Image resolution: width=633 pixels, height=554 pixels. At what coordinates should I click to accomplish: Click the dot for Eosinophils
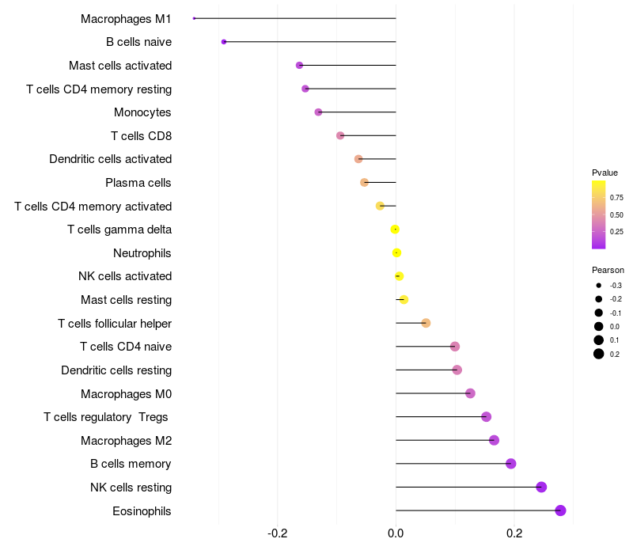point(560,510)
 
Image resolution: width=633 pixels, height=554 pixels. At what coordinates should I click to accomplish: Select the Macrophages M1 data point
point(194,18)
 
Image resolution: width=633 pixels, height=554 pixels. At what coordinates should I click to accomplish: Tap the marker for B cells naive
point(224,42)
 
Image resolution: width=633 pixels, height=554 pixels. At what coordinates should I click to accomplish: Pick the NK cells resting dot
point(541,487)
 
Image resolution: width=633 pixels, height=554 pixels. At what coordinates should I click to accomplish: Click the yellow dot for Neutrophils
point(397,252)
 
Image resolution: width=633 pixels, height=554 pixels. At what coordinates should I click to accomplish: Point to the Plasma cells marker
point(364,183)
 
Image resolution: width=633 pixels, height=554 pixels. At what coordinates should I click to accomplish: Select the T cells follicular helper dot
point(426,323)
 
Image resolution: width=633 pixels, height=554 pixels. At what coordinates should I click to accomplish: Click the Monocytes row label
point(142,112)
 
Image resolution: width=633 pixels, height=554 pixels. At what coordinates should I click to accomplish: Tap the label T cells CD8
point(142,135)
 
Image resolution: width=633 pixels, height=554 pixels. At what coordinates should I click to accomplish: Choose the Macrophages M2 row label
point(127,441)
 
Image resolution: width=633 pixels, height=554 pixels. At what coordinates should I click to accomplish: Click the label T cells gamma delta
point(119,230)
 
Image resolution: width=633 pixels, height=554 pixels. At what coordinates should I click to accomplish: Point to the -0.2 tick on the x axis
point(278,533)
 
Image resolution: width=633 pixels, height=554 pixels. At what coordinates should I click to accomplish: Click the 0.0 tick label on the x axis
point(396,533)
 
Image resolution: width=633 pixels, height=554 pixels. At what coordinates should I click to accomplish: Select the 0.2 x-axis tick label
point(514,533)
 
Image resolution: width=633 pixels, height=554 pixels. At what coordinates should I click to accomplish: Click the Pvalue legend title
point(605,173)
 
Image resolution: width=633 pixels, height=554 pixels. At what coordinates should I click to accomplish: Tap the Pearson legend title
point(608,270)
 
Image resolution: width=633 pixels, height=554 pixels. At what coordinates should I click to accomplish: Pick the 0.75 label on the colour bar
point(616,197)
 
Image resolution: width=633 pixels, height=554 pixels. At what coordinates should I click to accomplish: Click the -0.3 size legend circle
point(599,286)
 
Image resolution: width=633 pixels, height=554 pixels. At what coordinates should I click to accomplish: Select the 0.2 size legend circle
point(599,354)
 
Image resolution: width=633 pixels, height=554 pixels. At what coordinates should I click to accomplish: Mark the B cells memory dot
point(510,464)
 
